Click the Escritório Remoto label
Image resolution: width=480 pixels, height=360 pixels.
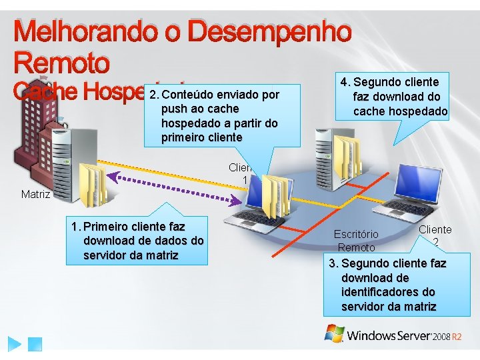coord(356,241)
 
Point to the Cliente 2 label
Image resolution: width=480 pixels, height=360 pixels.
coord(435,235)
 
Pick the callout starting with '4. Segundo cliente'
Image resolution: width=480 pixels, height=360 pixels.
coord(393,97)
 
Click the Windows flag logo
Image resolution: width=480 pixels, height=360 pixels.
coord(334,333)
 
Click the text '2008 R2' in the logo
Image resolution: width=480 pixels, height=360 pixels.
coord(447,337)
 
